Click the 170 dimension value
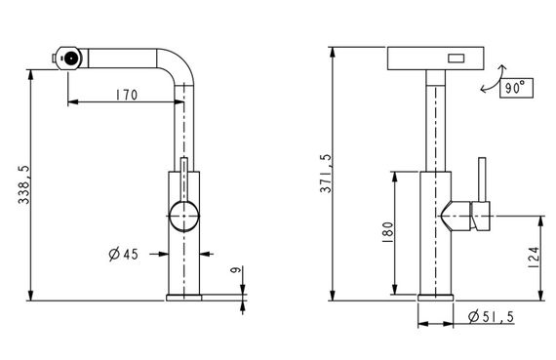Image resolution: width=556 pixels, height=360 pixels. point(127,95)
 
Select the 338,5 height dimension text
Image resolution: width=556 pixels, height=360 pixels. point(24,184)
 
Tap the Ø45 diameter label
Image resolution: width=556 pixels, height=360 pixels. point(124,255)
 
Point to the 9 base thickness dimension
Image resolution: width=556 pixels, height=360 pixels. point(235,269)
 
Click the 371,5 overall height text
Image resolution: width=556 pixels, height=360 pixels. point(326,174)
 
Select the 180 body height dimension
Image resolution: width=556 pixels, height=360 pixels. point(388,232)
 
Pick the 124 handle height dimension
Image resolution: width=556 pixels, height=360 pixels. point(534,258)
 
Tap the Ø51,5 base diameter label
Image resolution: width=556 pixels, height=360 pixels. point(491,316)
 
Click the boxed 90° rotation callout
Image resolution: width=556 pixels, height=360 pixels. point(516,87)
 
